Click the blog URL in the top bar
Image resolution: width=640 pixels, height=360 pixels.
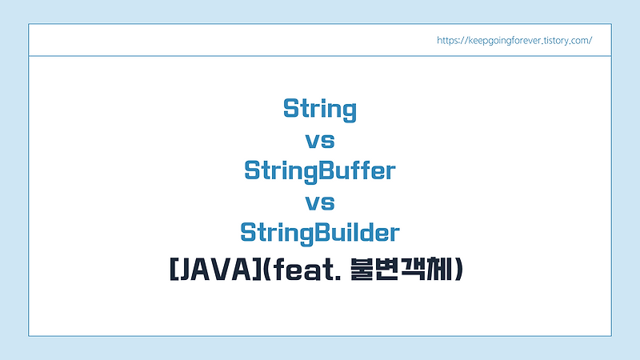click(x=514, y=40)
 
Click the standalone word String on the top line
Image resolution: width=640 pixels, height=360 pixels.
click(x=320, y=109)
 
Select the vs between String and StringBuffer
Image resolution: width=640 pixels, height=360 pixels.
click(x=320, y=140)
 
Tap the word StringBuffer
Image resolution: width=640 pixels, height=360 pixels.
click(x=320, y=171)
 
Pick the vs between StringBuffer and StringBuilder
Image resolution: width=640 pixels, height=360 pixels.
click(x=320, y=202)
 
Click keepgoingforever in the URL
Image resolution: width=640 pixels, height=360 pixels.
click(x=506, y=40)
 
